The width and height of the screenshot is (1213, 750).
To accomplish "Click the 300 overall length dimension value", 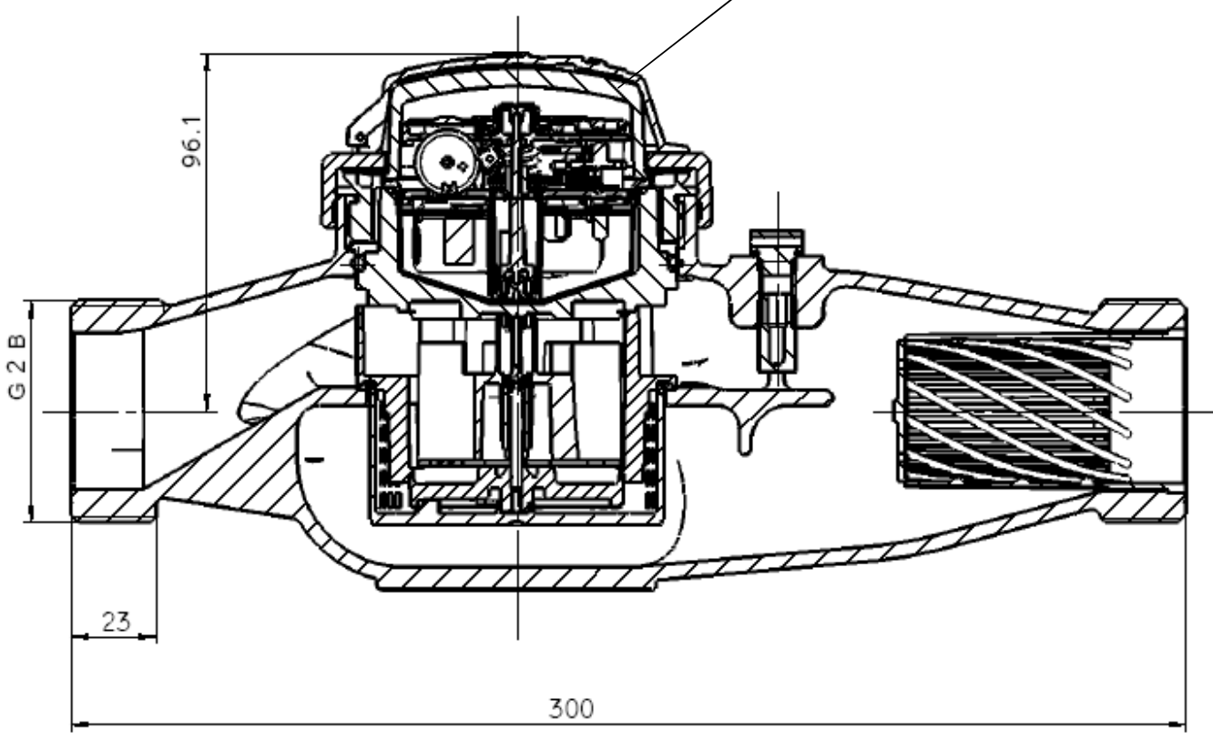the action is [x=571, y=708].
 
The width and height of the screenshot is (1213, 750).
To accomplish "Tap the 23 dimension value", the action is [x=116, y=622].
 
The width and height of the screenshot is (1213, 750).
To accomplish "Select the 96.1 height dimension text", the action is [x=192, y=142].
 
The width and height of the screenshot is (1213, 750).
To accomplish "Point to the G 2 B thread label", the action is [x=18, y=367].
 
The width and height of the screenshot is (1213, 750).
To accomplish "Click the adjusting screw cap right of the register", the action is [x=777, y=237].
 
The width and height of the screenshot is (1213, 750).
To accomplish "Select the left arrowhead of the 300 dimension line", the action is [x=80, y=724].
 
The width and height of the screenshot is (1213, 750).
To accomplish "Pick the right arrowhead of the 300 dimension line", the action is [x=1177, y=724].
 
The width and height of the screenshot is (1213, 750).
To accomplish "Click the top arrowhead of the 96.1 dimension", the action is [x=207, y=63].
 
